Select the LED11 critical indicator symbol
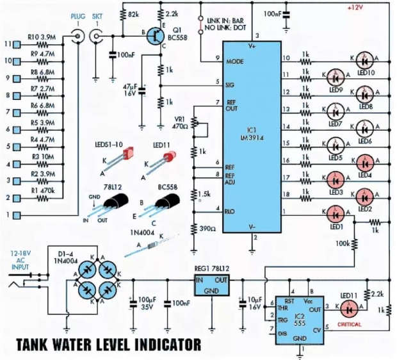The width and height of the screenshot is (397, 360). (348, 309)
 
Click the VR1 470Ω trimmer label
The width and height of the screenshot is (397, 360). (180, 122)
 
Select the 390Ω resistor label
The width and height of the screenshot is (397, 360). (206, 229)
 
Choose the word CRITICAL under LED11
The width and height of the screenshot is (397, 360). (350, 324)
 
